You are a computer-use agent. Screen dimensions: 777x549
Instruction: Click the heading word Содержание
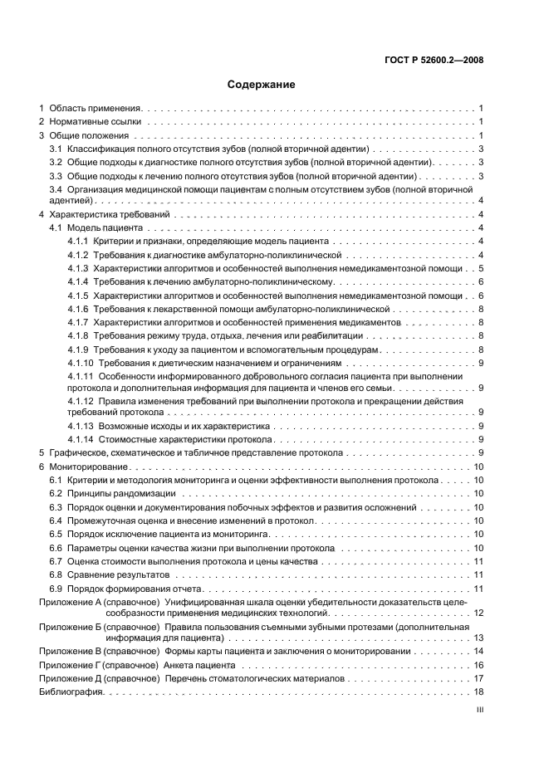point(261,84)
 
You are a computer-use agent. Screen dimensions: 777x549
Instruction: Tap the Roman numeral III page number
point(479,710)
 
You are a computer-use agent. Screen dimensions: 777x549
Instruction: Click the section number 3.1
point(56,149)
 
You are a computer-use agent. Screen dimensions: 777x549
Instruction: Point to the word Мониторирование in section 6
point(90,467)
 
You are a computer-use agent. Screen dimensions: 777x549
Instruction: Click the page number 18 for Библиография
point(478,691)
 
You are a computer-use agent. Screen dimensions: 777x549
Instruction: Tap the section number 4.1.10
point(81,364)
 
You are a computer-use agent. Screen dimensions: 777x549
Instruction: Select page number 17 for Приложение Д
point(478,678)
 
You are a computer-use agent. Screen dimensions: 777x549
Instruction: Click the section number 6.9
point(56,588)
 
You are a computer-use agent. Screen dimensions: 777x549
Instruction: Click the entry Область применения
point(96,109)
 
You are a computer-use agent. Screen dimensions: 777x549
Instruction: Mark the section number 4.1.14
point(81,438)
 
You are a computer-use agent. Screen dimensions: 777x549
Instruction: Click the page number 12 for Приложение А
point(478,612)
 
